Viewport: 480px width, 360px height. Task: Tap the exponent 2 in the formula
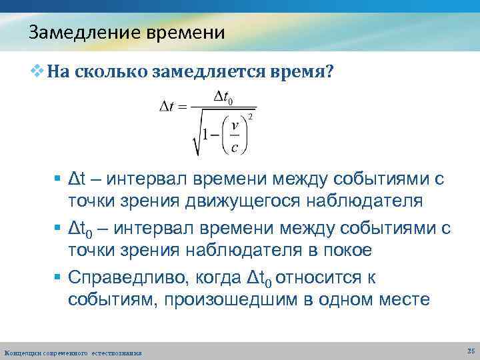250,117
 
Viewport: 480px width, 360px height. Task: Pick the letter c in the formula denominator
234,147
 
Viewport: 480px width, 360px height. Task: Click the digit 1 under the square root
207,135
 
